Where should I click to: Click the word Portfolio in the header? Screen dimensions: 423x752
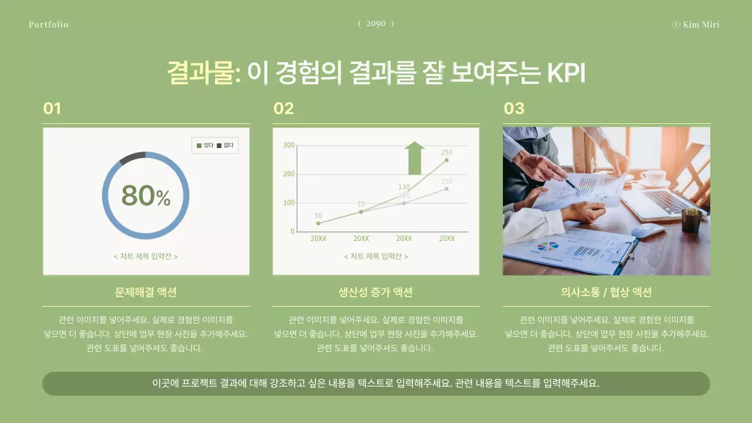(48, 25)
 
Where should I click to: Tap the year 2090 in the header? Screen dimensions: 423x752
(376, 23)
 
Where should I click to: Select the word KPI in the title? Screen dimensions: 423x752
(566, 74)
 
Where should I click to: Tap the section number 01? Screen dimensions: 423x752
(52, 109)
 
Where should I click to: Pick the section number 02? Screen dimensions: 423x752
(283, 109)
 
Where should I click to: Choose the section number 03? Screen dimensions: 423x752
(513, 109)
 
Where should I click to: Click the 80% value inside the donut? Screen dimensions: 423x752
(146, 196)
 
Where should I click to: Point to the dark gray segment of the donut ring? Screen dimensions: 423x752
(132, 157)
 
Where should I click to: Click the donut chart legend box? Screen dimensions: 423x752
(215, 145)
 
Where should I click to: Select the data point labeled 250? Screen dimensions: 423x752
(446, 160)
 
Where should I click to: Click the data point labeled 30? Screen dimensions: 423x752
(318, 223)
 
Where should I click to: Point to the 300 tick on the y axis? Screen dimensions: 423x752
(289, 145)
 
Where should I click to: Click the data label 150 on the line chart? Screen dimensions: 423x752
(446, 182)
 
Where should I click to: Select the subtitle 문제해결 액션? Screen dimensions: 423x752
(146, 292)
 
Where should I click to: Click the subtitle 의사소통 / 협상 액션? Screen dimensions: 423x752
(606, 292)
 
